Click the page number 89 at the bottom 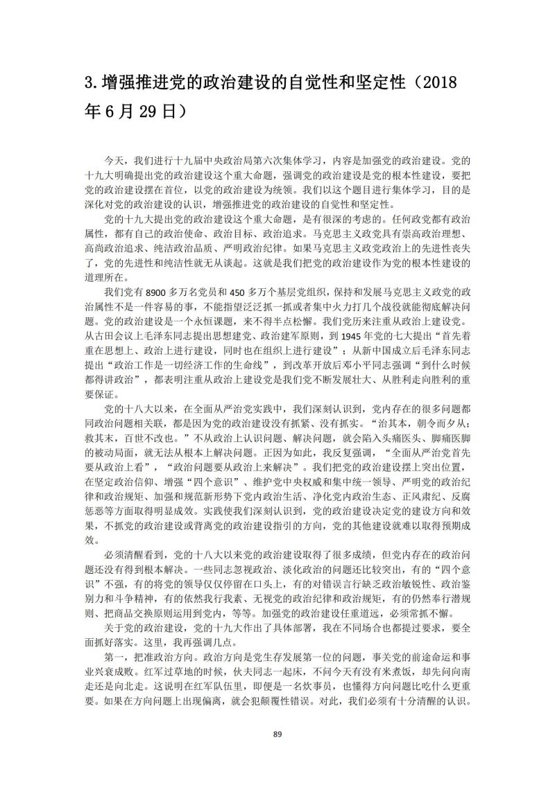coord(277,734)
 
